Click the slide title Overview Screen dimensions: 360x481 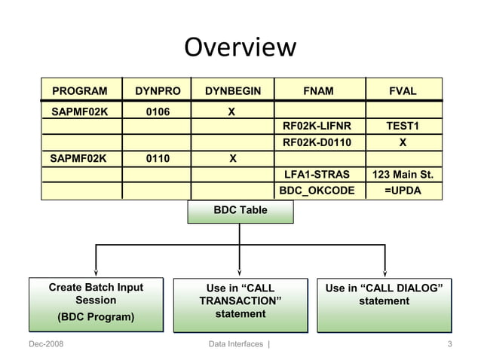pyautogui.click(x=240, y=47)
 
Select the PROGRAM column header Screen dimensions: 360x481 pyautogui.click(x=79, y=91)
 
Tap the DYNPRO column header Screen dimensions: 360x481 pyautogui.click(x=158, y=91)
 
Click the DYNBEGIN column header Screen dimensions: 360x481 pyautogui.click(x=232, y=91)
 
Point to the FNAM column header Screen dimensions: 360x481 pyautogui.click(x=317, y=91)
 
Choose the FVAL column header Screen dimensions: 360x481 pyautogui.click(x=403, y=91)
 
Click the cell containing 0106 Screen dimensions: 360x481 pyautogui.click(x=158, y=111)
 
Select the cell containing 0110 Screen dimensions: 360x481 pyautogui.click(x=158, y=159)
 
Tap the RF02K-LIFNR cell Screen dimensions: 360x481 pyautogui.click(x=317, y=127)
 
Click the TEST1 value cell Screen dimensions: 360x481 pyautogui.click(x=403, y=127)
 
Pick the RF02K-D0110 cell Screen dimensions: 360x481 pyautogui.click(x=317, y=142)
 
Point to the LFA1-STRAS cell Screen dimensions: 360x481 pyautogui.click(x=317, y=175)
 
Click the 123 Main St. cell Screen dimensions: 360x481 pyautogui.click(x=403, y=175)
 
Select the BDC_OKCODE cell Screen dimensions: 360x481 pyautogui.click(x=317, y=191)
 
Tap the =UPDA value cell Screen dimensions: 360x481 pyautogui.click(x=403, y=191)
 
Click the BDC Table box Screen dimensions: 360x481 pyautogui.click(x=240, y=211)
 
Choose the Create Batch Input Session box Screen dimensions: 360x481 pyautogui.click(x=96, y=304)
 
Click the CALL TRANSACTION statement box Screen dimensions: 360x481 pyautogui.click(x=240, y=304)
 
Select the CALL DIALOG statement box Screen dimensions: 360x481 pyautogui.click(x=384, y=304)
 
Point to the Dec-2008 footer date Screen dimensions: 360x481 pyautogui.click(x=46, y=345)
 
